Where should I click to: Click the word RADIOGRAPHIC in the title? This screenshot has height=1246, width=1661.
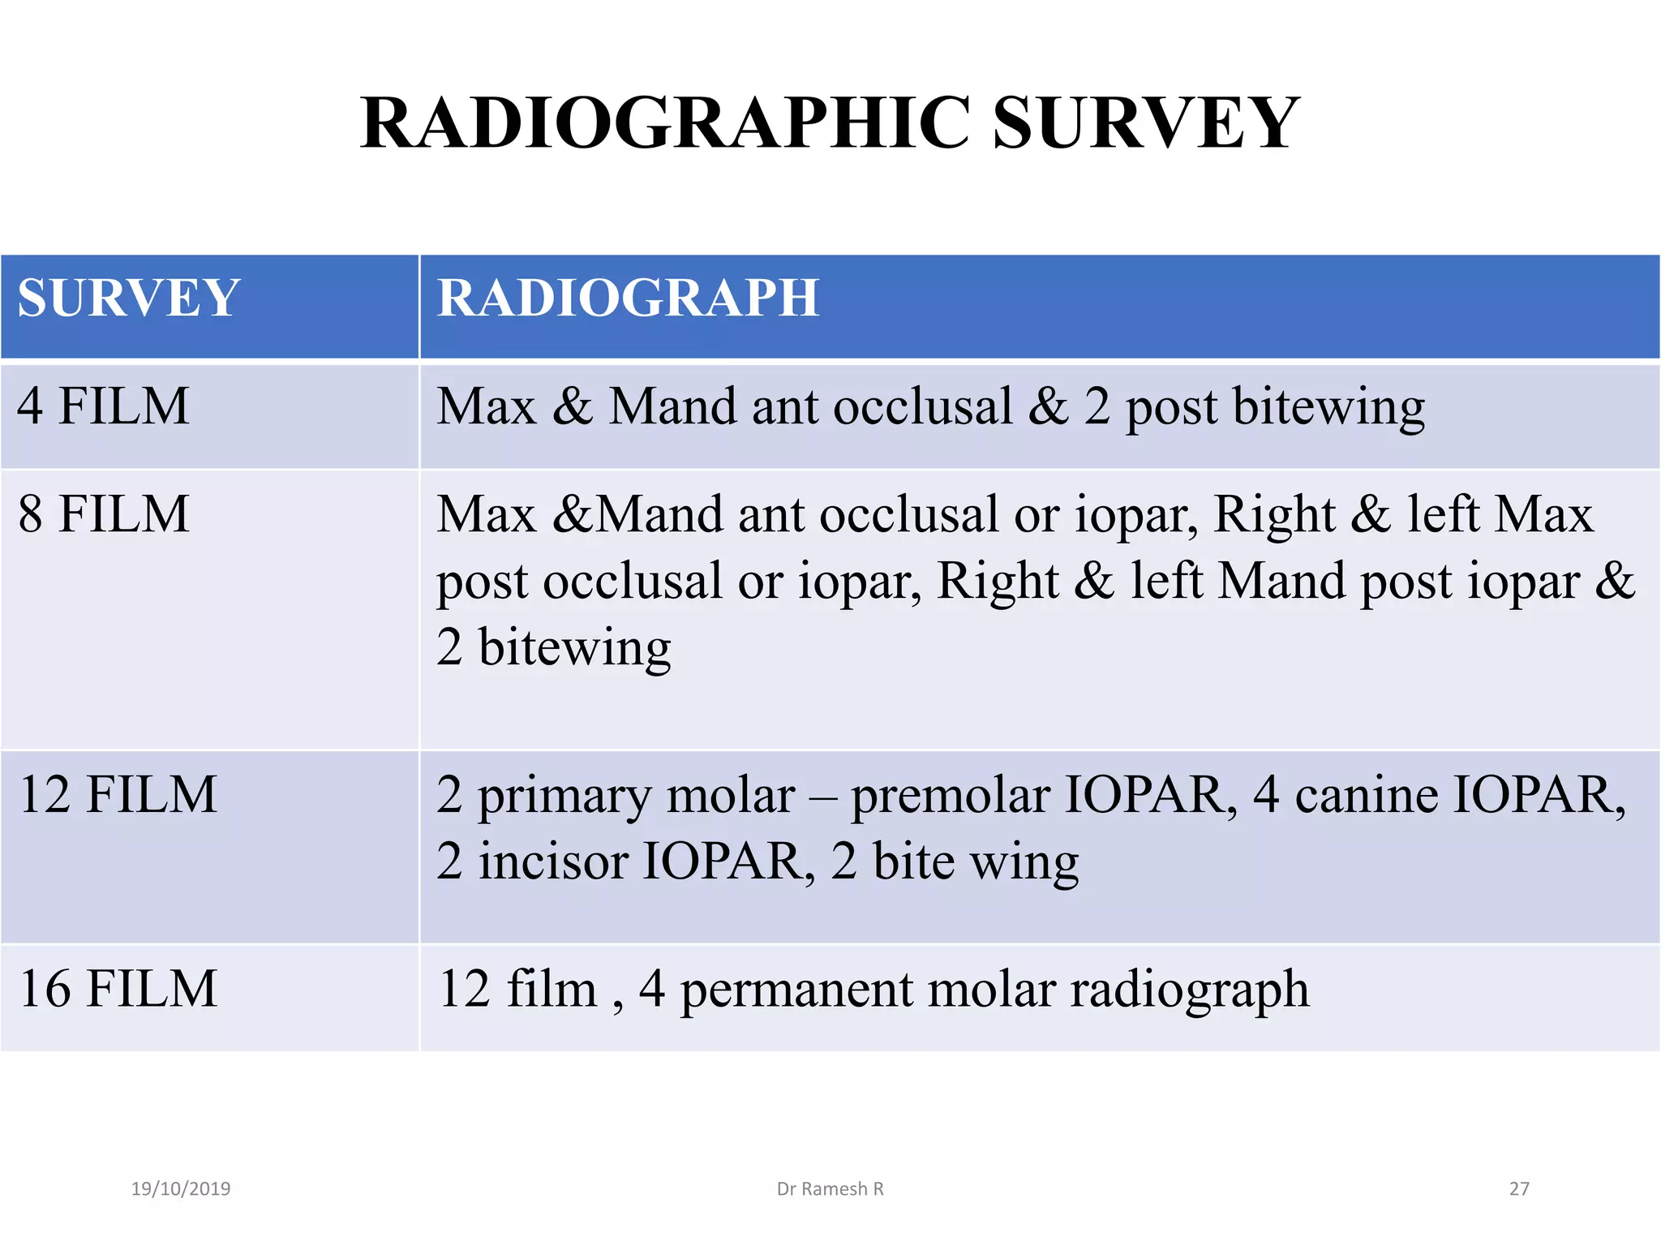[x=665, y=123]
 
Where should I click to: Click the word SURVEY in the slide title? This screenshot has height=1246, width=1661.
[x=1145, y=123]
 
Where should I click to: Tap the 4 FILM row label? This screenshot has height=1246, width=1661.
[x=103, y=406]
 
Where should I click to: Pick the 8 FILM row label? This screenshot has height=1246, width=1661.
[x=103, y=514]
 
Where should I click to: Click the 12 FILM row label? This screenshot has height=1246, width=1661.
[x=118, y=794]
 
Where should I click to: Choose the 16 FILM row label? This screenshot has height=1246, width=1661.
[x=118, y=989]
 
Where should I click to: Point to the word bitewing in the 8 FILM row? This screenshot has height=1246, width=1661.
[x=574, y=648]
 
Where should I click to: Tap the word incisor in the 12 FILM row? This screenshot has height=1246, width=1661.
[x=552, y=861]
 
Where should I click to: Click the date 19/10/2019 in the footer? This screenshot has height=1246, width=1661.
[x=181, y=1189]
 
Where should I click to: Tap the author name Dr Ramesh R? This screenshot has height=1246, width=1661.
[x=830, y=1189]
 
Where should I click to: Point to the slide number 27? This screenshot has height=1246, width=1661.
[x=1518, y=1189]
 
